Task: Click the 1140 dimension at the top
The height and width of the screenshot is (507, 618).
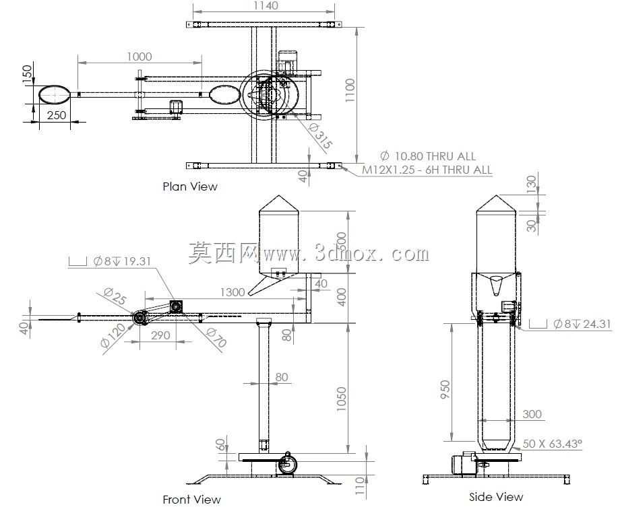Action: [266, 5]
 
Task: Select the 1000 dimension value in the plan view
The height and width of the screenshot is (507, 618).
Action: [140, 57]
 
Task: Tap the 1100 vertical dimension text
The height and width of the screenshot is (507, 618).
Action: [350, 90]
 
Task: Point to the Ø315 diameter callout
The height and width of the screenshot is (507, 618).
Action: [320, 137]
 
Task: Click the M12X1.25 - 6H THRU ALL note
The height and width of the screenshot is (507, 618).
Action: [427, 170]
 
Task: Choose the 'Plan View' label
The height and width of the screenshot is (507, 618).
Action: [190, 187]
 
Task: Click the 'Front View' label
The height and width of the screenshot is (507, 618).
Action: [191, 500]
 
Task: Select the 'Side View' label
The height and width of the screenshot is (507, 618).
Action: [496, 497]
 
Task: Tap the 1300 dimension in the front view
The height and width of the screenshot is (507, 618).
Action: [233, 292]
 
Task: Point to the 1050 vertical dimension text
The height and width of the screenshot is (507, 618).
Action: [341, 399]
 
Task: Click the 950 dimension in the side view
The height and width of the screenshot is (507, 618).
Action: [445, 389]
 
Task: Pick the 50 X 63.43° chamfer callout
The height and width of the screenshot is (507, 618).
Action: [552, 444]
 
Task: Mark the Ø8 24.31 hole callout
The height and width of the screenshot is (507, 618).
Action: [570, 325]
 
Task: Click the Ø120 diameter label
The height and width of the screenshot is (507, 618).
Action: [113, 335]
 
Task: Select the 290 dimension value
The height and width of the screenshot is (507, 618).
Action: [160, 335]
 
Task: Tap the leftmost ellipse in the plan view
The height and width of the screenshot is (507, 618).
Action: [54, 94]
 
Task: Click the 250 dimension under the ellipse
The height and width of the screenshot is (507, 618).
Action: [57, 115]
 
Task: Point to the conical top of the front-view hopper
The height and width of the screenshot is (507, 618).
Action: [279, 203]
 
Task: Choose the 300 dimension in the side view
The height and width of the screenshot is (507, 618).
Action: [532, 414]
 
